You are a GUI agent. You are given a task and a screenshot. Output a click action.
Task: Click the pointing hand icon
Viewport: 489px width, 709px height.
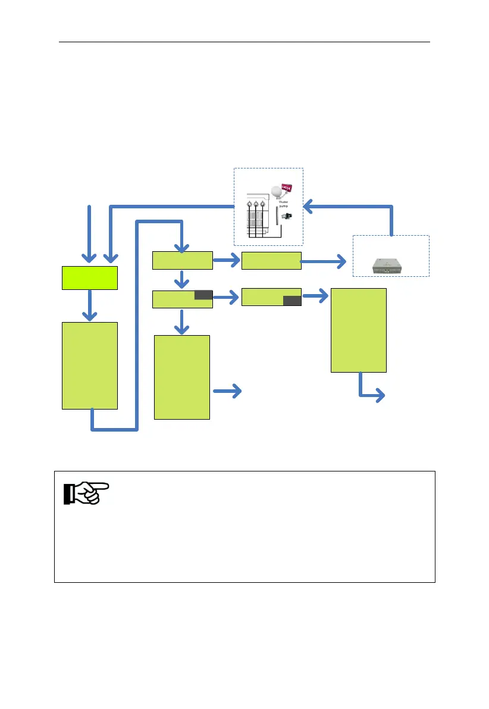click(x=86, y=494)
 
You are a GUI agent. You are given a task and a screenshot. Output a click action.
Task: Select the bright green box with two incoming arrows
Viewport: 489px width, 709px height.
click(x=89, y=277)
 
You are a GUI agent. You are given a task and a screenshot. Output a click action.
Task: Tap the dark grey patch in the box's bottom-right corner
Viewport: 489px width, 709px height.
click(x=292, y=301)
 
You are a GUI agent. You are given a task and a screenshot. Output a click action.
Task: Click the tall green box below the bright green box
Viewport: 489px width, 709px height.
click(x=89, y=365)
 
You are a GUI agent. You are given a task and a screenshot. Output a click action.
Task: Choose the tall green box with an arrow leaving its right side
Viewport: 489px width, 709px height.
click(x=182, y=377)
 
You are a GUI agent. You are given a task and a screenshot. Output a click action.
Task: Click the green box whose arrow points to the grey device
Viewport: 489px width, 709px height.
click(x=271, y=261)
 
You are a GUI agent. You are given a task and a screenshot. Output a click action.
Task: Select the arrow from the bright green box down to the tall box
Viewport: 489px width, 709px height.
click(x=89, y=305)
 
